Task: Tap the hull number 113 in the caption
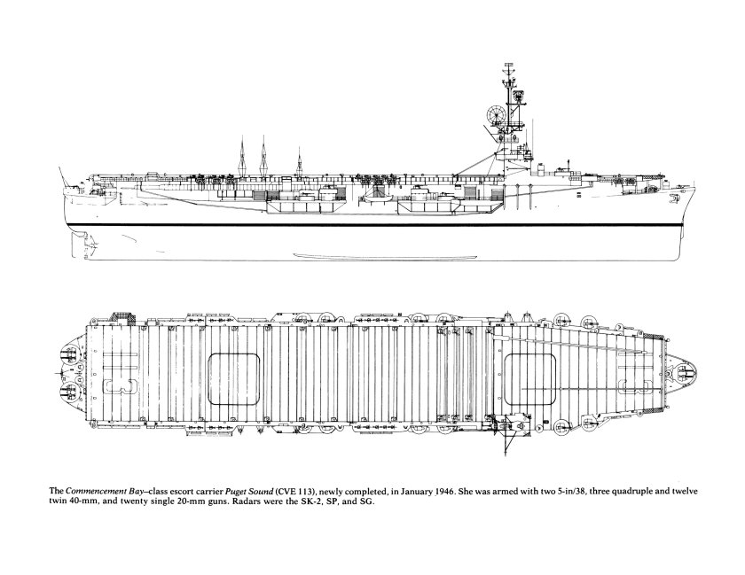coord(305,492)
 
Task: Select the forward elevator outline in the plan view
coord(529,379)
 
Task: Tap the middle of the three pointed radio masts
coord(263,156)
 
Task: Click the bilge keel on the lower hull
coord(385,256)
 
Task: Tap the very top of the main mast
coord(508,62)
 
